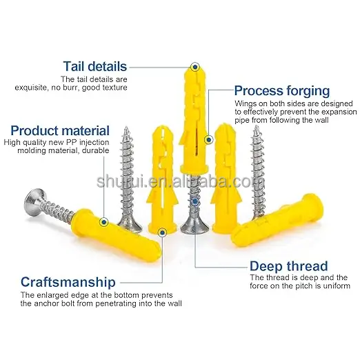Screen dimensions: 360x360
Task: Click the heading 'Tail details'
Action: [95, 66]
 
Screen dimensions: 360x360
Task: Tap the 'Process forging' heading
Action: [282, 91]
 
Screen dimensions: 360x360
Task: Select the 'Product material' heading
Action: [60, 130]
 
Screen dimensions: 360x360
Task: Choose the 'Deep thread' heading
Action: [289, 266]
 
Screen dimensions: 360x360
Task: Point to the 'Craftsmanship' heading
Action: [68, 282]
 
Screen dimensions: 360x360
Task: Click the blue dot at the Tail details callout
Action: [195, 67]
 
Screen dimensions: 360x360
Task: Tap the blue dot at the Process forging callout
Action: [208, 139]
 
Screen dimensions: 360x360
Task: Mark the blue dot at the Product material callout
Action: [104, 222]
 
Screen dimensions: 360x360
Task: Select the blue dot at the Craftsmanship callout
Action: [163, 232]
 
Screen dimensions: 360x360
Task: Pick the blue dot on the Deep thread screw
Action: [195, 201]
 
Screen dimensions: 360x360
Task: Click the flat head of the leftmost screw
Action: [34, 202]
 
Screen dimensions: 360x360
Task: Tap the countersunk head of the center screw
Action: [195, 227]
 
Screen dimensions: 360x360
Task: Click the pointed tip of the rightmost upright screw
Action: [257, 126]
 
